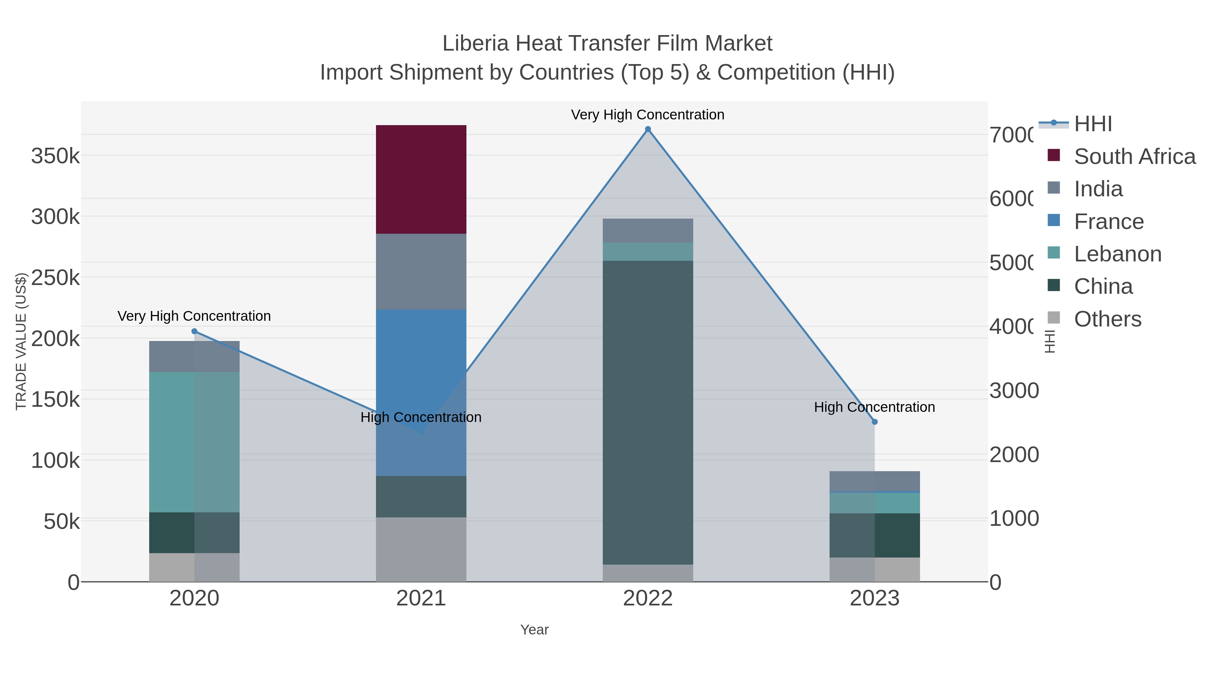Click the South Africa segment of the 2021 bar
pos(421,179)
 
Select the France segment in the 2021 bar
pos(421,358)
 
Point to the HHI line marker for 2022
pos(648,129)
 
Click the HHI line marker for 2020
pos(194,331)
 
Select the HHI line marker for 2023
pos(874,422)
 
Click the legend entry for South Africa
pos(1134,156)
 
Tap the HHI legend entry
pos(1092,124)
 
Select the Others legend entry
pos(1107,319)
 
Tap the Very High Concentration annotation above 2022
pos(648,115)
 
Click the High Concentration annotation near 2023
pos(874,407)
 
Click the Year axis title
pos(534,630)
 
